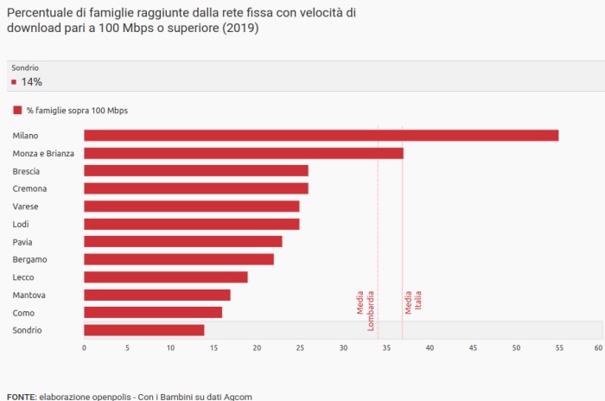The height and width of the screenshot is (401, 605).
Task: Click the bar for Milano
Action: click(x=321, y=135)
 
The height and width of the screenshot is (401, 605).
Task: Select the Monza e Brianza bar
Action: click(x=243, y=153)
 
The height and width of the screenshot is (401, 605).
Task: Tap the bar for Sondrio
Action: click(x=143, y=330)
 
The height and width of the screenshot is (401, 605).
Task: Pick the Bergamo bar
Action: click(x=178, y=259)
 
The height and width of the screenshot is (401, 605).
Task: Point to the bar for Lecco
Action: click(x=165, y=277)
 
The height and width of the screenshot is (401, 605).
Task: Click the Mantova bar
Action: click(x=156, y=295)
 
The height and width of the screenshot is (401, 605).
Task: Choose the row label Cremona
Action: click(x=29, y=188)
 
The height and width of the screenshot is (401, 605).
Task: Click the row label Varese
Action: click(x=24, y=207)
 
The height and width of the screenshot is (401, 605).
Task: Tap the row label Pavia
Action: click(x=22, y=242)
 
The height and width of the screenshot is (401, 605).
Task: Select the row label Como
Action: click(x=22, y=313)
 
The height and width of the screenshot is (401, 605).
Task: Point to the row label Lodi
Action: click(x=21, y=224)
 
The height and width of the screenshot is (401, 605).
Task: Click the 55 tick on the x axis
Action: click(x=559, y=348)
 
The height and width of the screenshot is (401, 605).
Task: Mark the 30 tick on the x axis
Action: click(x=343, y=348)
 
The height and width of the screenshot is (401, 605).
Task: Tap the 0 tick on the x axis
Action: click(x=84, y=348)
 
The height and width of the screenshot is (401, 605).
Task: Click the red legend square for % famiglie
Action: click(x=16, y=111)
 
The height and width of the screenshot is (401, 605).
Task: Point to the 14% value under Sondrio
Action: click(x=32, y=82)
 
